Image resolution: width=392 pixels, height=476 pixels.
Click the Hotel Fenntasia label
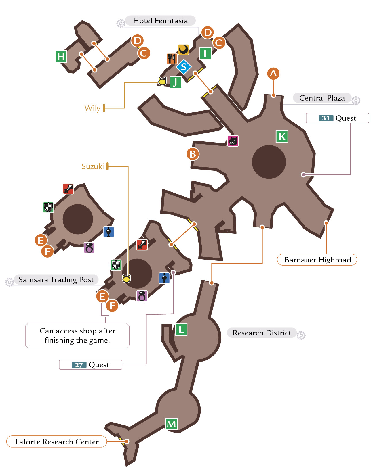[x=160, y=21]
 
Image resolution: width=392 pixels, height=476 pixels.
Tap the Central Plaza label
[x=322, y=98]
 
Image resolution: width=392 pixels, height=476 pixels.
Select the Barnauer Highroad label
[x=317, y=260]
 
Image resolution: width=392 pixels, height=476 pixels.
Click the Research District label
[x=262, y=333]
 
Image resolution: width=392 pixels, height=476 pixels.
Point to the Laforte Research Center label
[x=57, y=442]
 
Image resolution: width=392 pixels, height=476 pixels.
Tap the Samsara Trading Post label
[x=56, y=280]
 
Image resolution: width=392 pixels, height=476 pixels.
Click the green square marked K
[x=282, y=137]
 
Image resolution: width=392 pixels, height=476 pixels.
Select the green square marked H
[x=61, y=56]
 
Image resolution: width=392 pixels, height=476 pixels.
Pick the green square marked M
[x=172, y=424]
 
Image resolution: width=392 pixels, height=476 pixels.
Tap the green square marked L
[x=181, y=330]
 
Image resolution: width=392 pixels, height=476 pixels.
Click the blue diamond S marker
[x=184, y=67]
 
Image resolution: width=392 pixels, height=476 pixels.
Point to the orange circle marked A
[x=273, y=74]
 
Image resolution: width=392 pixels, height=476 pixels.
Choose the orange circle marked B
[x=193, y=154]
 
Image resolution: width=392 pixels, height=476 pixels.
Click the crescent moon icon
[x=184, y=50]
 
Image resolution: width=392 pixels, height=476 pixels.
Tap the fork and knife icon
[x=172, y=59]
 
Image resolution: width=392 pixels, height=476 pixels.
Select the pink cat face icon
[x=233, y=141]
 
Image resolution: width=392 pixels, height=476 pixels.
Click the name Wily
[x=92, y=108]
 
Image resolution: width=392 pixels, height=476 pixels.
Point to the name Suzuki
[x=93, y=166]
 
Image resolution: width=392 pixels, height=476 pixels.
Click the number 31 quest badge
[x=326, y=118]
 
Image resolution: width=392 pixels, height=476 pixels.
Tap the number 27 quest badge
[x=79, y=365]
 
